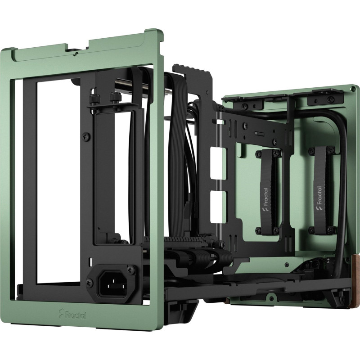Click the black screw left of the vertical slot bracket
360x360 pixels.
point(84,134)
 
